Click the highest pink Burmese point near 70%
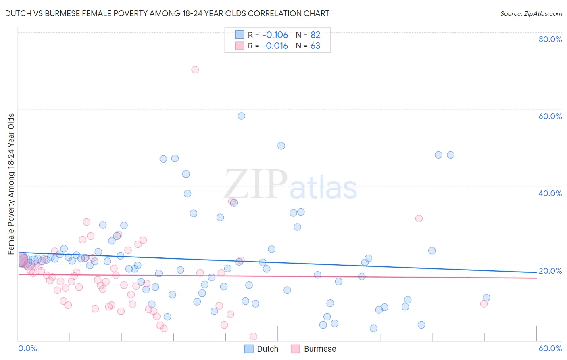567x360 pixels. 195,69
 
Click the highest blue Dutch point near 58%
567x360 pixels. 241,116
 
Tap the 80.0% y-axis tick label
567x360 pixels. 550,39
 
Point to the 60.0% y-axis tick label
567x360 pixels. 550,116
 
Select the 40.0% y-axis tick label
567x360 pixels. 550,193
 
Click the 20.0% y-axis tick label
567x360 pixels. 550,271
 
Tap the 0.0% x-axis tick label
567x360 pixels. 27,348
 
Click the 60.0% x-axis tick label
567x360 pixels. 550,348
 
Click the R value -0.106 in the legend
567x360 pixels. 275,35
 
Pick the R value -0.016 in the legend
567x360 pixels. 275,46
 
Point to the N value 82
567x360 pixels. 315,35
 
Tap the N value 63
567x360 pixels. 315,46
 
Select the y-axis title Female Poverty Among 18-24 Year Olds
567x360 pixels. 11,184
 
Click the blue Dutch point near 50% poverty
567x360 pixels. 281,146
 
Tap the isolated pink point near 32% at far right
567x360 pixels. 419,218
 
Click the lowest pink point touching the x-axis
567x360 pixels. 253,337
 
